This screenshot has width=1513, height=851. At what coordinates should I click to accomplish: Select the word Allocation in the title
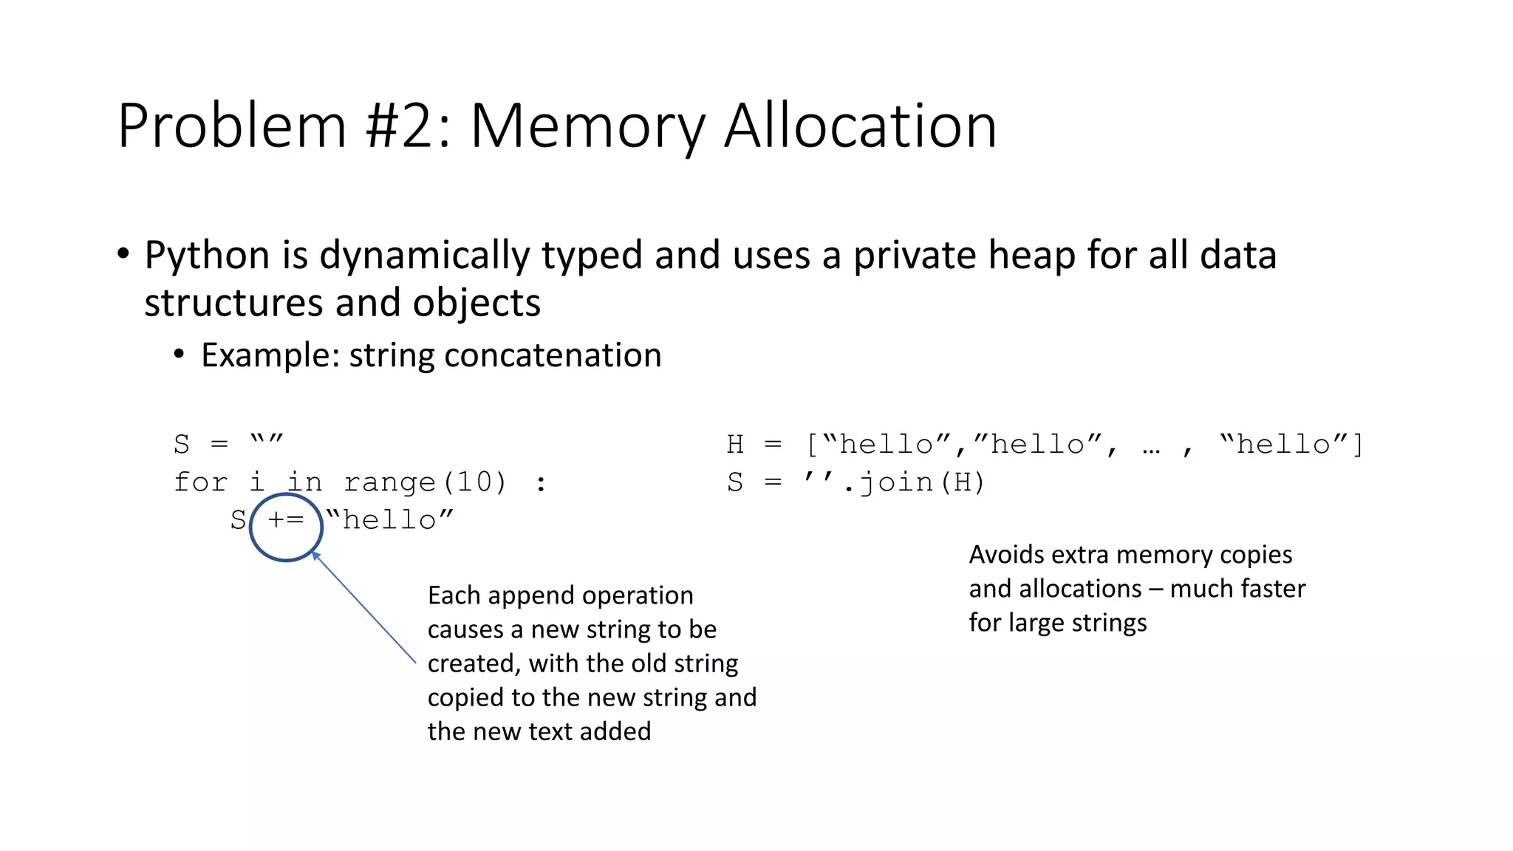pos(860,127)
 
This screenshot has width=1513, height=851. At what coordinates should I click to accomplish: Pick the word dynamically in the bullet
pos(425,256)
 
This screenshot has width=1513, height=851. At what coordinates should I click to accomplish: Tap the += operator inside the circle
pos(286,520)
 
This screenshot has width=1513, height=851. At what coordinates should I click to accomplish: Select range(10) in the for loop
pos(425,482)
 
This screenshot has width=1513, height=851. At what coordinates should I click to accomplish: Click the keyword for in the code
pos(200,482)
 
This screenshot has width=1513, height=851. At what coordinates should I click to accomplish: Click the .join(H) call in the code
pos(914,482)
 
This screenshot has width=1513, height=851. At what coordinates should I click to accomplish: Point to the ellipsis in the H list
pos(1151,445)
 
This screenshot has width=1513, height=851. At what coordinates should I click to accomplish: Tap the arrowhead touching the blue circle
pos(315,555)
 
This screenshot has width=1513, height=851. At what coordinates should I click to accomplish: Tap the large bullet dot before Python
pos(123,254)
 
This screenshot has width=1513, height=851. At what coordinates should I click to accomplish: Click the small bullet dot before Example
pos(179,355)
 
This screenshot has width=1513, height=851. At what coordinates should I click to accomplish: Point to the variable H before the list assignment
pos(735,445)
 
